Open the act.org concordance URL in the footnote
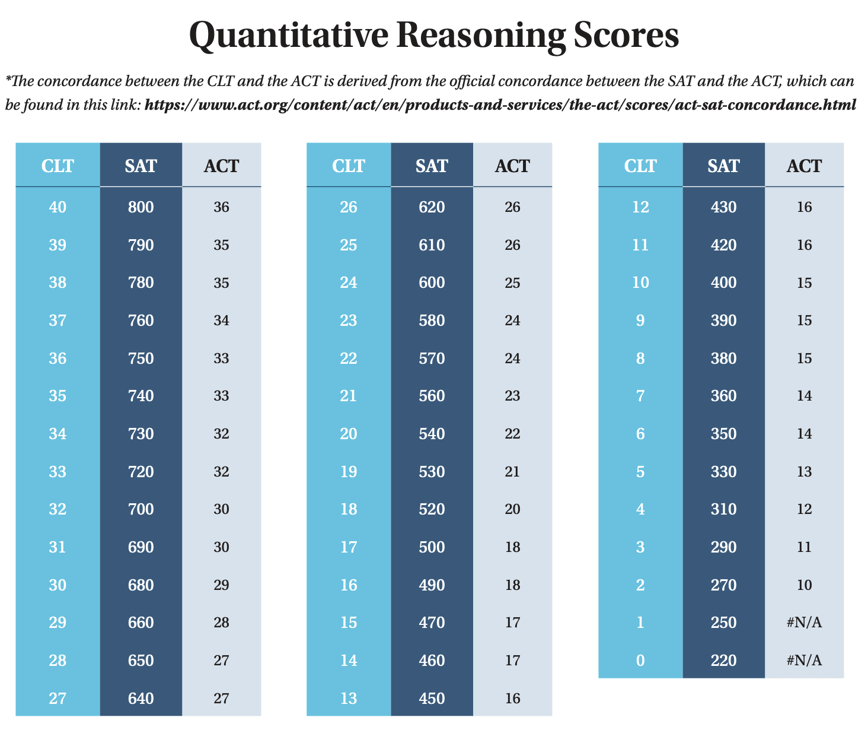500,105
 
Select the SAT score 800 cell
141,207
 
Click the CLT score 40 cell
58,207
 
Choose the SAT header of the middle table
432,166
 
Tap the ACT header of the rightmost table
804,166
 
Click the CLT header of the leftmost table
58,166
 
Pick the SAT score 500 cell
432,547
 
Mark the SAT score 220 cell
723,660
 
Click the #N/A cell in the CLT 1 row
804,623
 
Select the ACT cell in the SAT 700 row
221,509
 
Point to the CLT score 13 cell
349,699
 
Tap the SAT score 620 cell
432,207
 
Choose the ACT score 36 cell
221,207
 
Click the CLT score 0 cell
640,660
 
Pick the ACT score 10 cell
804,585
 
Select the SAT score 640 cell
141,699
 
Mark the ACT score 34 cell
221,320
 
